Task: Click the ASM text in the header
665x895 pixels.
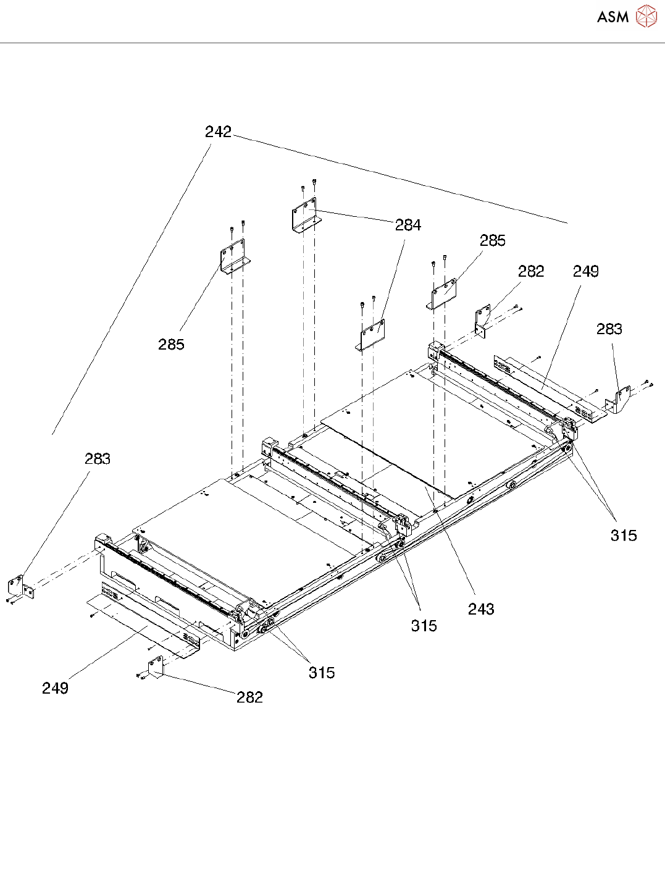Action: click(613, 17)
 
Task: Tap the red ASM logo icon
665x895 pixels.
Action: click(646, 16)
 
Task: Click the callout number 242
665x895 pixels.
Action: click(218, 132)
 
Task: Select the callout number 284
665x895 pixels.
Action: click(408, 225)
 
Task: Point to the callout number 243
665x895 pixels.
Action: click(481, 609)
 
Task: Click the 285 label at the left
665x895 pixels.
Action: click(171, 345)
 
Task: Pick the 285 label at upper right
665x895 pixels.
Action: click(493, 241)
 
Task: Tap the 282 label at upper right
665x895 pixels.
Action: click(531, 272)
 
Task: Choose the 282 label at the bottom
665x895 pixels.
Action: click(249, 697)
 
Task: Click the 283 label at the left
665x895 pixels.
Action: click(98, 459)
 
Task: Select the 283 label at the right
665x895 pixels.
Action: click(609, 329)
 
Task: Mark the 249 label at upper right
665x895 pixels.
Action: click(585, 272)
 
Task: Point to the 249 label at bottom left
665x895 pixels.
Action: click(55, 688)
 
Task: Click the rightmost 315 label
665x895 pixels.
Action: click(624, 536)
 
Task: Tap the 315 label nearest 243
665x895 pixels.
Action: click(424, 626)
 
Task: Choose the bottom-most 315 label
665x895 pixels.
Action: click(322, 673)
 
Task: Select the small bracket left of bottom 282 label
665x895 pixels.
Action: click(154, 668)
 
